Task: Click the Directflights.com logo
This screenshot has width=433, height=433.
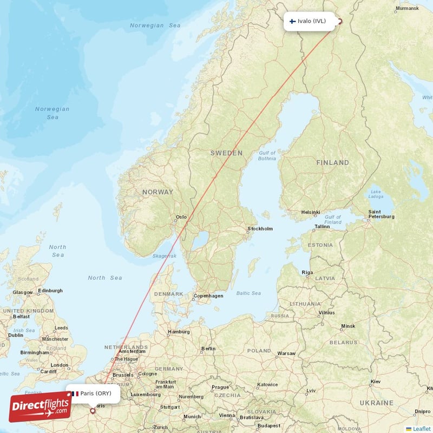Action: coord(40,407)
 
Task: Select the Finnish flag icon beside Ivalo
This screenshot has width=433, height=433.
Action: coord(292,22)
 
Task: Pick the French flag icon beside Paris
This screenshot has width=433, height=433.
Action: coord(75,393)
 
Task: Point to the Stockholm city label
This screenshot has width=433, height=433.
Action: coord(260,229)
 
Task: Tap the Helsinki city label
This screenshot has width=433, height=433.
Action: coord(311,212)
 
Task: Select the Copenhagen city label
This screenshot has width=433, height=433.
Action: coord(208,296)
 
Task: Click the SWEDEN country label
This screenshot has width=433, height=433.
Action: coord(226,153)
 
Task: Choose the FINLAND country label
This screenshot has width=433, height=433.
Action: coord(332,162)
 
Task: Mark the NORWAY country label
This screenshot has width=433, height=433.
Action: coord(158,192)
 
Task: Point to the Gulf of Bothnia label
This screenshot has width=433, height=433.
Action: coord(267,156)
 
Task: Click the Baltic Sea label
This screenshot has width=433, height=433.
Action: coord(248,293)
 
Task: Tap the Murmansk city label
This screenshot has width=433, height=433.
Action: coord(407,9)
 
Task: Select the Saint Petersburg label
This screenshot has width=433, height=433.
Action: coord(381,214)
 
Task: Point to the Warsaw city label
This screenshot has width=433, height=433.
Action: coord(286,353)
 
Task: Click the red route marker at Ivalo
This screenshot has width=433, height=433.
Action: coord(340,22)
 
